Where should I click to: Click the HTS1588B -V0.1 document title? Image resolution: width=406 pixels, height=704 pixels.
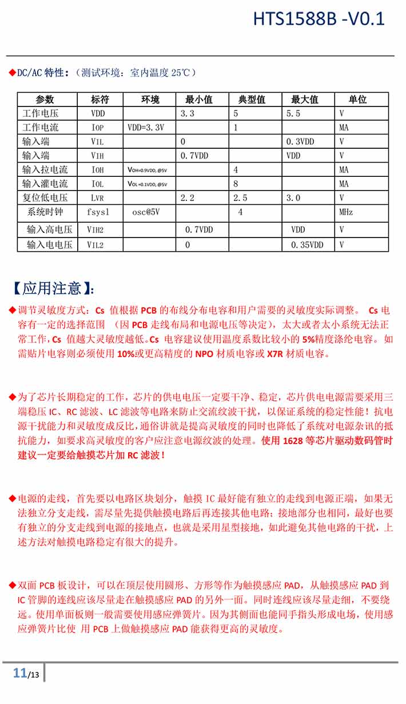(319, 19)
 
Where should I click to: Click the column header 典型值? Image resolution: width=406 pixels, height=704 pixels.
(252, 100)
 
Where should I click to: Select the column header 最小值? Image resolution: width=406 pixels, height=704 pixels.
(198, 100)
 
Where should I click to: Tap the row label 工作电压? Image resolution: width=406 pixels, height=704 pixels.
(41, 113)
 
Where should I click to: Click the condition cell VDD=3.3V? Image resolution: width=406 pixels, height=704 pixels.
(146, 128)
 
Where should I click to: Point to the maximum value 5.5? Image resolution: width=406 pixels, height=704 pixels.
(293, 113)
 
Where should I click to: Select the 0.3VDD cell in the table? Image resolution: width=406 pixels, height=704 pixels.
(300, 141)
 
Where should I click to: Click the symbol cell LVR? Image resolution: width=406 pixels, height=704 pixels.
(98, 198)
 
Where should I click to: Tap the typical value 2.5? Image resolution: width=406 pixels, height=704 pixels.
(240, 198)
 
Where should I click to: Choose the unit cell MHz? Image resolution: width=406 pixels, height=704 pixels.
(346, 212)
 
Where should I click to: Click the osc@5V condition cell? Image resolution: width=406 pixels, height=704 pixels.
(146, 212)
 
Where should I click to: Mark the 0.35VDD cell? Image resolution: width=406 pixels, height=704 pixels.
(307, 244)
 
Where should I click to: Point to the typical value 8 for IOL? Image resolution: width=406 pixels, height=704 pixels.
(236, 184)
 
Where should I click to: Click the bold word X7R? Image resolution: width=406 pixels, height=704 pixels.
(274, 354)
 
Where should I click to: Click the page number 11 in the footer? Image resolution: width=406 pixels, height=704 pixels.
(20, 673)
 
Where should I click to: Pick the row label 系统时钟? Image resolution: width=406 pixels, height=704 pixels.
(47, 212)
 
